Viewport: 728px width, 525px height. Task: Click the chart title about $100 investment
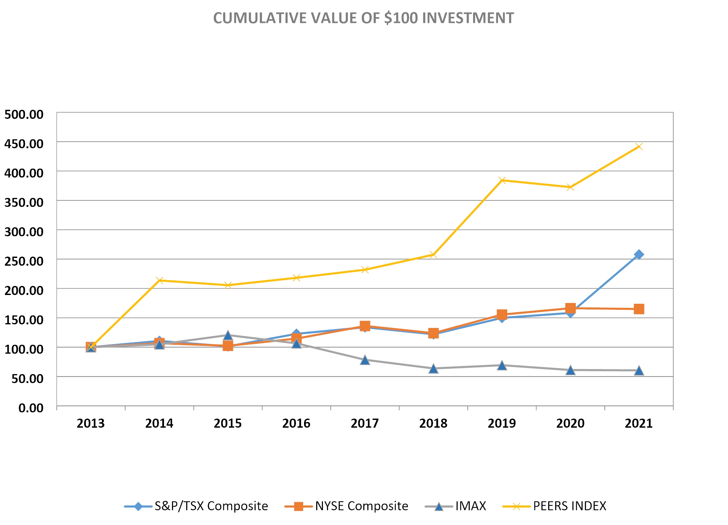tap(363, 18)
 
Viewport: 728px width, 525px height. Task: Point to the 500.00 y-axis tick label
tap(24, 114)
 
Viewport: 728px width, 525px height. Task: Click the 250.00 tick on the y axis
tap(24, 261)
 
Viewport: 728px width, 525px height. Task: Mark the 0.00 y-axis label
tap(31, 408)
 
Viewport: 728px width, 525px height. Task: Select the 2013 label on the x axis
tap(91, 423)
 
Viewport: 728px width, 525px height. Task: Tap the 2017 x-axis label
tap(365, 423)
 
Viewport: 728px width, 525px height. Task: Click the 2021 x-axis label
tap(638, 423)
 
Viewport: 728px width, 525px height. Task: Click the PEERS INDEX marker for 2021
tap(639, 146)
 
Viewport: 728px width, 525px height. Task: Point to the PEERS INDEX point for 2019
tap(502, 180)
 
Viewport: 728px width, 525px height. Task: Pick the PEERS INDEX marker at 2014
tap(160, 280)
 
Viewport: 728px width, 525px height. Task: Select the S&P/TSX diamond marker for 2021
tap(639, 255)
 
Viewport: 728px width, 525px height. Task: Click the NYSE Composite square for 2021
tap(639, 309)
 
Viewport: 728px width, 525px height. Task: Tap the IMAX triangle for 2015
tap(228, 335)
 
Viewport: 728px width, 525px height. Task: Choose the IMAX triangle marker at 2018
tap(433, 368)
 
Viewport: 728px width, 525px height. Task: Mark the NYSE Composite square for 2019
tap(502, 315)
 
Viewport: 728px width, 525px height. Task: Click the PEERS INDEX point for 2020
tap(570, 187)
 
